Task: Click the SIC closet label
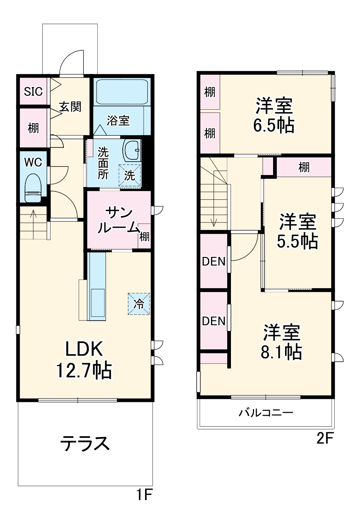tap(33, 91)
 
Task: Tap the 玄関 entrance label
tap(70, 107)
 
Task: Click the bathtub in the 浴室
tap(122, 92)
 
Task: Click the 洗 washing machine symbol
tap(130, 175)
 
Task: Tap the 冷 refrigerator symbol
tap(139, 304)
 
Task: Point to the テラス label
tap(85, 443)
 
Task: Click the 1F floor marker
tap(144, 495)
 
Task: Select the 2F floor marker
tap(325, 438)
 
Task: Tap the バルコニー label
tap(266, 412)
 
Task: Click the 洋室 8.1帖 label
tap(281, 342)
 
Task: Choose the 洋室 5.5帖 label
tap(297, 231)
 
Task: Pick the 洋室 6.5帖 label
tap(274, 115)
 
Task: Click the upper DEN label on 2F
tap(214, 262)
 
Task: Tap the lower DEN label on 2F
tap(214, 321)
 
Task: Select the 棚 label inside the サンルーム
tap(144, 236)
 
